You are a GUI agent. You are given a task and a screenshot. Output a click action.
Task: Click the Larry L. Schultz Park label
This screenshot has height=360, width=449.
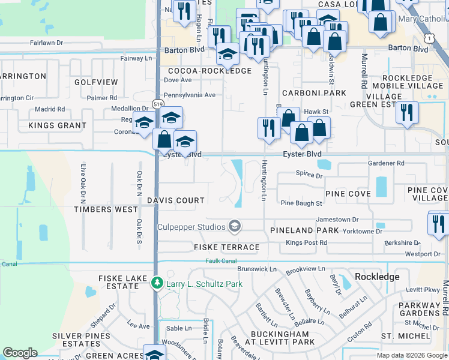point(203,282)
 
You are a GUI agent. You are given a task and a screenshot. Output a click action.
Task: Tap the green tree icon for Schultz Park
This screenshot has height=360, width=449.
point(157,282)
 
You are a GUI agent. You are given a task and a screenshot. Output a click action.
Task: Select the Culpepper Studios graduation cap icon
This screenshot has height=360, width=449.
point(235,226)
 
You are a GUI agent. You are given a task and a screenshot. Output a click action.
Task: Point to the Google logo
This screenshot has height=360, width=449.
point(20,353)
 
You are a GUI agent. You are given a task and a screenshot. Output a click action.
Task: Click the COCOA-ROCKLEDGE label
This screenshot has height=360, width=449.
point(207,71)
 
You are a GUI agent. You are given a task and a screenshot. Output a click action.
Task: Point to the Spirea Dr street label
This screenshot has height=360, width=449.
point(309,176)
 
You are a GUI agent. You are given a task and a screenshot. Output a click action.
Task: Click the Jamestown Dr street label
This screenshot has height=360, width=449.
point(337,220)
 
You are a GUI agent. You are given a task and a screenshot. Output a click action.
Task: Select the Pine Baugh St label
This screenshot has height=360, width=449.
point(301,204)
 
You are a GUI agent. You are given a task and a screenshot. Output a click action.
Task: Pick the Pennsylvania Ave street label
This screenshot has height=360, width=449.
point(189,95)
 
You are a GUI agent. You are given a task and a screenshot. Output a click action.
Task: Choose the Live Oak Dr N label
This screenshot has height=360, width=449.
point(83,182)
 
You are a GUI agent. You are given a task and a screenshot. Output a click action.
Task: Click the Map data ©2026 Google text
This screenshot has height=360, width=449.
point(412,355)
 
